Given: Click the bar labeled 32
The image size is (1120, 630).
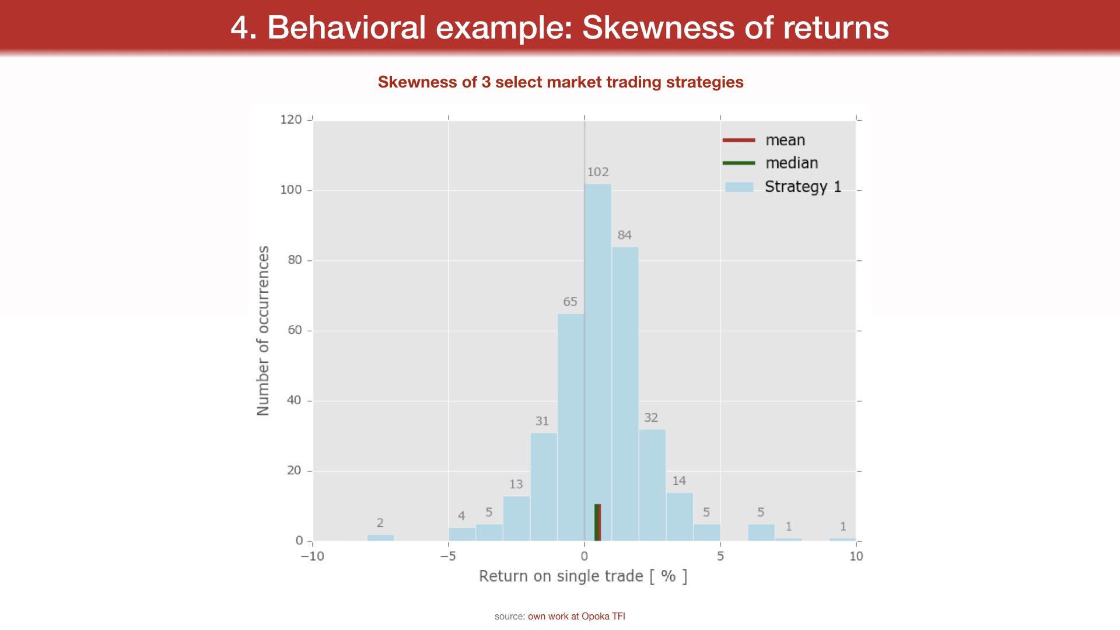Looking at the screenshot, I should click(x=652, y=485).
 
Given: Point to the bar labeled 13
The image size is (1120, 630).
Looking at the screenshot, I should click(x=516, y=519).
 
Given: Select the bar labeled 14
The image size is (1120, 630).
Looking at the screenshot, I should click(x=680, y=517).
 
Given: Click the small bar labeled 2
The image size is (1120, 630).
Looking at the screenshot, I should click(x=380, y=538).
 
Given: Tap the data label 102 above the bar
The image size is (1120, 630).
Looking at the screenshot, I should click(x=598, y=172).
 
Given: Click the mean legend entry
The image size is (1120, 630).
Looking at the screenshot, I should click(x=785, y=141).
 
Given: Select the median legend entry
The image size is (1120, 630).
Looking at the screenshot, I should click(x=792, y=163).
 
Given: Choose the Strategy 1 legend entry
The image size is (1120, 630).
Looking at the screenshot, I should click(x=803, y=187).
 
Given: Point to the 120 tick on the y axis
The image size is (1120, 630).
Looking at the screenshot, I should click(x=291, y=120).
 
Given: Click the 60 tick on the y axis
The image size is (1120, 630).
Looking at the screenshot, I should click(x=295, y=330).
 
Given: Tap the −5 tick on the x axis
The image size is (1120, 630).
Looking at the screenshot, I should click(x=448, y=556).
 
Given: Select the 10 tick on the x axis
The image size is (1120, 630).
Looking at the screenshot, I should click(x=856, y=556).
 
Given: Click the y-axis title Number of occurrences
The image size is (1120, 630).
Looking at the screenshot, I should click(x=263, y=330).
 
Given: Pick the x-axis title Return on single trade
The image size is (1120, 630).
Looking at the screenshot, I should click(x=583, y=576).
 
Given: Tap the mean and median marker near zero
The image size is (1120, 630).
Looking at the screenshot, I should click(x=597, y=523).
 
